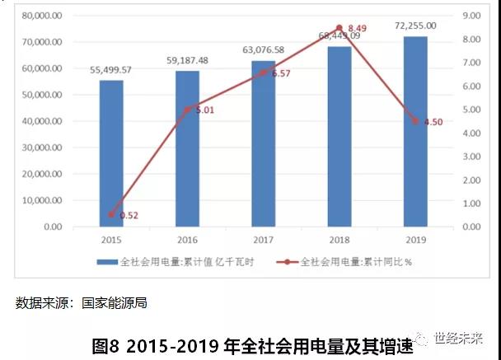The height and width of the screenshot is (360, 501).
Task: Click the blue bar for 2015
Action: click(111, 153)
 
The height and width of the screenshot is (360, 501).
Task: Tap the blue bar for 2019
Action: click(415, 132)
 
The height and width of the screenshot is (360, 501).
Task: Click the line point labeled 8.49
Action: click(339, 28)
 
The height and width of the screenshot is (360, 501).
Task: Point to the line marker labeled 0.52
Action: click(111, 215)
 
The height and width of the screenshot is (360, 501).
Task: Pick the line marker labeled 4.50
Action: click(415, 121)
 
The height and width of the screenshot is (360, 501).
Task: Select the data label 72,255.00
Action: click(415, 26)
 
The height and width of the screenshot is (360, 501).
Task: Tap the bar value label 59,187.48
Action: click(188, 60)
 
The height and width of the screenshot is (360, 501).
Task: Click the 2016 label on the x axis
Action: click(188, 240)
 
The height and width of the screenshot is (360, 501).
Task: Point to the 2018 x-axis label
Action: click(339, 240)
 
